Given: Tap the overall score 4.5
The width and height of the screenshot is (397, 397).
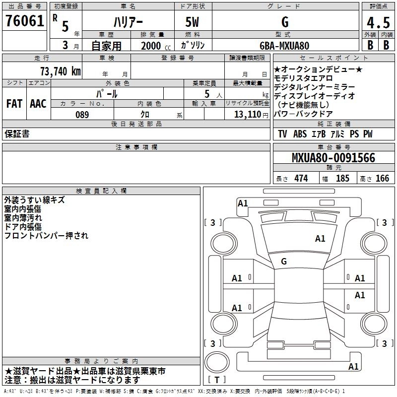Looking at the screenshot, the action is [377, 23].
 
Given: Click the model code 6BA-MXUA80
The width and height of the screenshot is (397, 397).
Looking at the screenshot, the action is [285, 45].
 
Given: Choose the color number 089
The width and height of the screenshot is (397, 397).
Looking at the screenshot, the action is [82, 114].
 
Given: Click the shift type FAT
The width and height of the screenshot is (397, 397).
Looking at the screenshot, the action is [14, 104].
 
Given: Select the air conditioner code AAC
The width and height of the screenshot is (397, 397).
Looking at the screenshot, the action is [38, 104].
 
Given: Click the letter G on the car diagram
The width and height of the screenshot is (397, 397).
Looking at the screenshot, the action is [284, 261].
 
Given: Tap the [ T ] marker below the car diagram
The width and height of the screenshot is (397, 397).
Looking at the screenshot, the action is [217, 380].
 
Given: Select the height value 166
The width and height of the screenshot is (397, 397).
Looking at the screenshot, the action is [382, 179].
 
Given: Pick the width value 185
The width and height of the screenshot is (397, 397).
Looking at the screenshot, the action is [342, 179].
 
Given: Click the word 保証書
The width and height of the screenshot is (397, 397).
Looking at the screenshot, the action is [17, 134].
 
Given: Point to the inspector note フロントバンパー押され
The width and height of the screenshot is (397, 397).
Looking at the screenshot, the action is [46, 236].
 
